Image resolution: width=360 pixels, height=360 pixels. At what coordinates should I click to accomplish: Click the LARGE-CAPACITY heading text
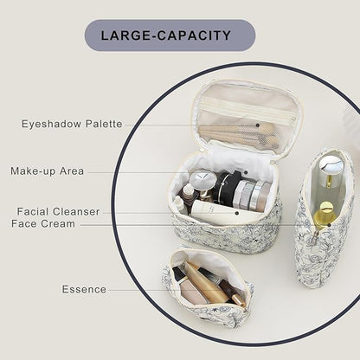coord(166,35)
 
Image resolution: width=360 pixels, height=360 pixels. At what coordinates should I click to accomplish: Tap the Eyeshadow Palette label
coord(72,124)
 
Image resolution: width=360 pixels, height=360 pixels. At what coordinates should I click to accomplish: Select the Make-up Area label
coord(48,171)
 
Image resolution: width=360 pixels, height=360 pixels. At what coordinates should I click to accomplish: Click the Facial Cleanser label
coord(58,211)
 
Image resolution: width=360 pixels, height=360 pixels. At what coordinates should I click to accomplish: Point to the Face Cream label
coord(43,223)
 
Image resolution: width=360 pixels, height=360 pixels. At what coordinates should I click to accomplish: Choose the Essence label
coord(84,289)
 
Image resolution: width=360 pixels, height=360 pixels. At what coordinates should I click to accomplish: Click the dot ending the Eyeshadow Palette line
coord(258,125)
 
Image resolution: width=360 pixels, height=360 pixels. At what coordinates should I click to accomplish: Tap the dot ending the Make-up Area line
coord(246,172)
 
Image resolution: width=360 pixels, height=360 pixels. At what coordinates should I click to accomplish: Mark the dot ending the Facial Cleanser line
coord(237,214)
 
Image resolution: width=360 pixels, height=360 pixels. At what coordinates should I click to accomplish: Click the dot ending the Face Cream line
coord(329,225)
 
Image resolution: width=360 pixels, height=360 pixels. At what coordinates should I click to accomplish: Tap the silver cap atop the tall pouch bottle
coord(331,164)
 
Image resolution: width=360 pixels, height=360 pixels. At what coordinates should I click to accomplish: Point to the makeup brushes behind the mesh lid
coord(241,136)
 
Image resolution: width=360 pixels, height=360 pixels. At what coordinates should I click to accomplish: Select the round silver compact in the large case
coord(203,181)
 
